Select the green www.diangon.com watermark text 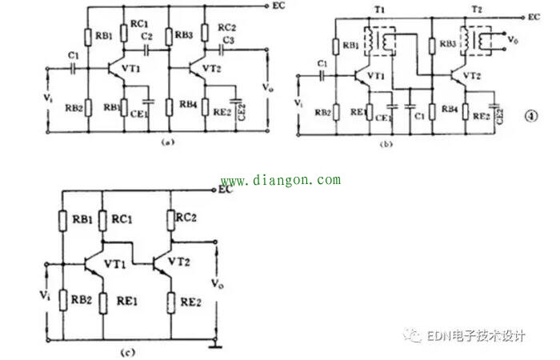[x=280, y=181]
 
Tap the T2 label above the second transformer [x=478, y=21]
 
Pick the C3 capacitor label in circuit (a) [x=228, y=39]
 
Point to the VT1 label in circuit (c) [x=118, y=262]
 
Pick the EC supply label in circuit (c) [x=226, y=190]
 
